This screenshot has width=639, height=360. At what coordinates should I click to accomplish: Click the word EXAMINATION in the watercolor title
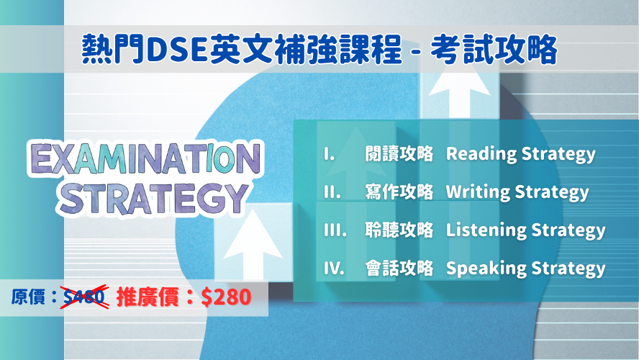click(x=145, y=158)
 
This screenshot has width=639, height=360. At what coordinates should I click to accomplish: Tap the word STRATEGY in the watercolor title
click(x=153, y=199)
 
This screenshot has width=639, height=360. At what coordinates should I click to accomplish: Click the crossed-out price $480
click(x=85, y=297)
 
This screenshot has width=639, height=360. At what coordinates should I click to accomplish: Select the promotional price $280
click(x=226, y=297)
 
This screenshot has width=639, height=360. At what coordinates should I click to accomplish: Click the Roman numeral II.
click(x=332, y=192)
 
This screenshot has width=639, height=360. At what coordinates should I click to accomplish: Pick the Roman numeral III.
click(x=335, y=230)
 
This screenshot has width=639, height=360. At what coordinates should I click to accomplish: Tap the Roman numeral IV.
click(x=334, y=269)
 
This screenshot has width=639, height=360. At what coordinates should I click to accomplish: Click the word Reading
click(x=481, y=154)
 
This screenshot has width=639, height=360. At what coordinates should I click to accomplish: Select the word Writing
click(x=478, y=192)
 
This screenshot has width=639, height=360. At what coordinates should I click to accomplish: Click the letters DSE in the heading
click(x=178, y=50)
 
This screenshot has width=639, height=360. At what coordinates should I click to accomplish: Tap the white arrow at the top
click(x=460, y=94)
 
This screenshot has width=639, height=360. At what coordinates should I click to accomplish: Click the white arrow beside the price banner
click(x=253, y=246)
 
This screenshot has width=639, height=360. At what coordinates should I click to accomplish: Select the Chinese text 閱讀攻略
click(x=399, y=154)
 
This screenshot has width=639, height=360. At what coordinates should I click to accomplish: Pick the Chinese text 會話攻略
click(x=399, y=269)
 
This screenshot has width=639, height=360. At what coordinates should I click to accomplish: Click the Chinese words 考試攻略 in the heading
click(x=494, y=50)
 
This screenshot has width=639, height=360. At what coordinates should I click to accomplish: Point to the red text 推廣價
click(x=148, y=297)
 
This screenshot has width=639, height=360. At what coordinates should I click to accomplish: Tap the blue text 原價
click(x=28, y=297)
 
